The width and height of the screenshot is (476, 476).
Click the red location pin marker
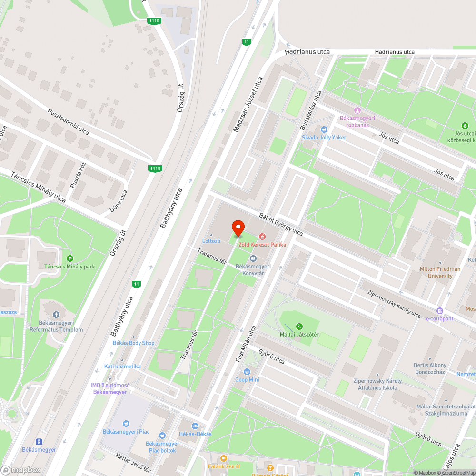238,228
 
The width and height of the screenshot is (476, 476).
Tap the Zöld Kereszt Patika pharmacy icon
262,236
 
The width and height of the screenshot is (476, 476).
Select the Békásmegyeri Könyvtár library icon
253,258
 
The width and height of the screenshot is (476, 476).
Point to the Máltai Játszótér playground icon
299,326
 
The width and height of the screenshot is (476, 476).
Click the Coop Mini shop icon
247,371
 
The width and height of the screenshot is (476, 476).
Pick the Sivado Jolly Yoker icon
324,129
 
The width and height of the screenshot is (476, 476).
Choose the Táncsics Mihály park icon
70,258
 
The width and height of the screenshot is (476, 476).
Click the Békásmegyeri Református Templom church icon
56,315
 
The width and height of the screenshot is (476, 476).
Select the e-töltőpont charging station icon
439,310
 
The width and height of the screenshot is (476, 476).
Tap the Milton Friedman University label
440,272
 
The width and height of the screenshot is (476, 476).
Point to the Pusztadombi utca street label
68,121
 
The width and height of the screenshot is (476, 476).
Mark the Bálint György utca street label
281,224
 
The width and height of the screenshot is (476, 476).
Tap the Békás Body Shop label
133,343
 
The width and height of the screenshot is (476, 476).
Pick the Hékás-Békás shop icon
195,426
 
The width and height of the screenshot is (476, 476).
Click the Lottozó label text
211,241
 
